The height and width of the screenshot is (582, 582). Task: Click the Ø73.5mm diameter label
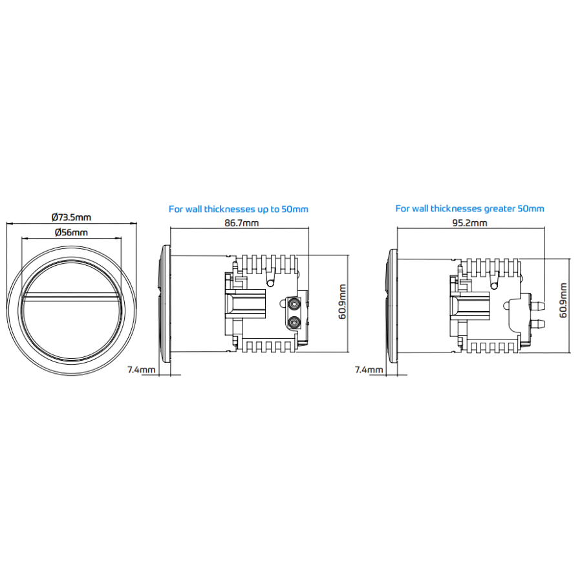(x=71, y=217)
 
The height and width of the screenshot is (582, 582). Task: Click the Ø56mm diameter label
(x=71, y=233)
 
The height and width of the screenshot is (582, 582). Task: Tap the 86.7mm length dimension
(x=242, y=223)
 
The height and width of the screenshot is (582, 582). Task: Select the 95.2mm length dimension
(x=469, y=223)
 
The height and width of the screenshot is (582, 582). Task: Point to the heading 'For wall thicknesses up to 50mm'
(x=238, y=210)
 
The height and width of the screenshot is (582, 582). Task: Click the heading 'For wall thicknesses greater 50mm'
(x=469, y=209)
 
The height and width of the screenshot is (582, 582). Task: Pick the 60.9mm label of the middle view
(x=342, y=302)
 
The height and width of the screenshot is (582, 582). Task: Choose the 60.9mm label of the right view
(x=563, y=301)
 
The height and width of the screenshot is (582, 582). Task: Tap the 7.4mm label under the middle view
(x=142, y=370)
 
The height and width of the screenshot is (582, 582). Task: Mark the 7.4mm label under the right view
(x=369, y=370)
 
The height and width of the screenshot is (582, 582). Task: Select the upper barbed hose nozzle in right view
(x=538, y=307)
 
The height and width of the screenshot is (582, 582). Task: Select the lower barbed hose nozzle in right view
(x=538, y=324)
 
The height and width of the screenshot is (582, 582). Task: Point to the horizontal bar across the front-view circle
(x=71, y=296)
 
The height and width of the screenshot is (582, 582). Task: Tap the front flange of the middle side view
(x=165, y=304)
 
